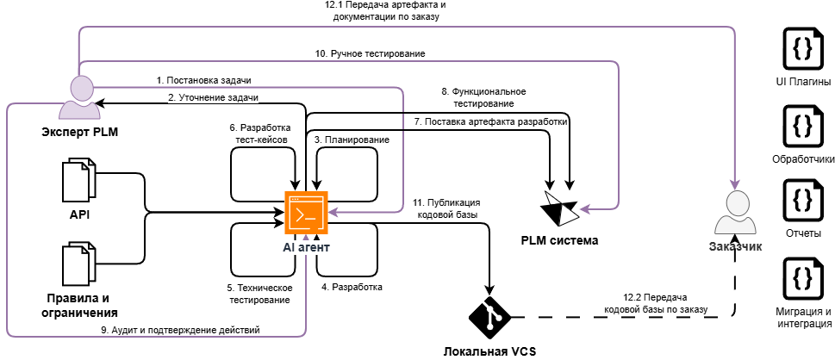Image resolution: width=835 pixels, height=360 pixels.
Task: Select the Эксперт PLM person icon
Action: (79, 97)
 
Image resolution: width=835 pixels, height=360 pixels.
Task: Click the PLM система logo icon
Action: (559, 209)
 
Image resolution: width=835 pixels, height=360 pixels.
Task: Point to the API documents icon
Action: (79, 181)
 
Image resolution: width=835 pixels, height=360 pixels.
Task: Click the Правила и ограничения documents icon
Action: (79, 264)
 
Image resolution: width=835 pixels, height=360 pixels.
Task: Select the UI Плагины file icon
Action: (802, 49)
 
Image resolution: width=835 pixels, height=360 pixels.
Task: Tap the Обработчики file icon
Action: (802, 126)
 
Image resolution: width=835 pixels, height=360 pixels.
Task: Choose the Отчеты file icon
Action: (802, 201)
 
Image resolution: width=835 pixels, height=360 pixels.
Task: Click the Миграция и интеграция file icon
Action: (802, 278)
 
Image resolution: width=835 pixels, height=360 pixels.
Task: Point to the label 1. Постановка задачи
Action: (203, 80)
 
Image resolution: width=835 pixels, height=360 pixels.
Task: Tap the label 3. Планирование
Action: (352, 140)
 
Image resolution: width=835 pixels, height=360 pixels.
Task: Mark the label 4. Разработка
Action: (352, 287)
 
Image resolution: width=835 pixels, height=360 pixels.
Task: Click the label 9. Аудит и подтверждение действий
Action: (180, 330)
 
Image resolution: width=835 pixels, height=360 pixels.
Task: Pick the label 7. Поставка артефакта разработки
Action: (491, 122)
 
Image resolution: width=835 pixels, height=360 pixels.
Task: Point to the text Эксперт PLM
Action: (79, 132)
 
